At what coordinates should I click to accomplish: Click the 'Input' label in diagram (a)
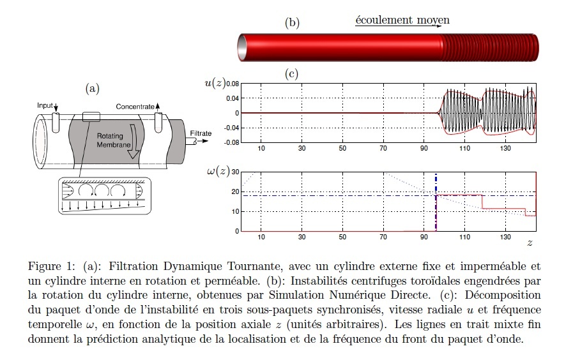tap(45, 105)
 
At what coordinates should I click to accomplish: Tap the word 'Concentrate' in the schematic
tap(135, 107)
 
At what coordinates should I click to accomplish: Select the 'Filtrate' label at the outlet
tap(201, 133)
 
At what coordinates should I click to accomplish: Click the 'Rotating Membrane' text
tap(113, 140)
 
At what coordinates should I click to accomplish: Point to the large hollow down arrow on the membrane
tap(134, 142)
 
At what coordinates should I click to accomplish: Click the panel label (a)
tap(92, 88)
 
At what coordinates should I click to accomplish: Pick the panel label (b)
tap(292, 22)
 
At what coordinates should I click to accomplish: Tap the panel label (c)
tap(291, 74)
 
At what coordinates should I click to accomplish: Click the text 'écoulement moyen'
tap(402, 20)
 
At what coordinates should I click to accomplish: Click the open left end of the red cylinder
tap(242, 48)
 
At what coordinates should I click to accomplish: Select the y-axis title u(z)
tap(215, 83)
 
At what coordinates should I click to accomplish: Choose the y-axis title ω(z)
tap(218, 171)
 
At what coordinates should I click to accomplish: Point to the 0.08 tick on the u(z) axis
tap(233, 84)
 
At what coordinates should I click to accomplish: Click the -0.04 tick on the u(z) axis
tap(232, 128)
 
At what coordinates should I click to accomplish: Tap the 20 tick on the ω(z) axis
tap(235, 191)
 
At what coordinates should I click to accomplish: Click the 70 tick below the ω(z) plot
tap(383, 237)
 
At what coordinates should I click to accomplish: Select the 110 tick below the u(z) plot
tap(465, 148)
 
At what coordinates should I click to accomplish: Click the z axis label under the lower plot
tap(530, 243)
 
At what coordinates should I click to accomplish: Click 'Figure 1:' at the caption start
tap(51, 266)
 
